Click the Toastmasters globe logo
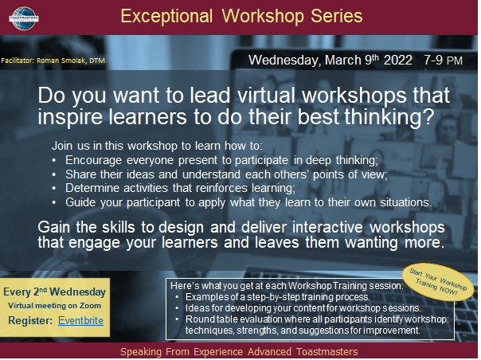[24, 19]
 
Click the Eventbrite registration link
[80, 321]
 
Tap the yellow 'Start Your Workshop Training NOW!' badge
[438, 281]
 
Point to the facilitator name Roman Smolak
[61, 61]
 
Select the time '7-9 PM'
[443, 61]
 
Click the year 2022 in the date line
[398, 61]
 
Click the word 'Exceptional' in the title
[166, 16]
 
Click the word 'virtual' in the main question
[266, 95]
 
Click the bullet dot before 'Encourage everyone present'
[54, 160]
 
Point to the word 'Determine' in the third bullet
[92, 188]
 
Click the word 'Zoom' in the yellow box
[90, 306]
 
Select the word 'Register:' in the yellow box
[30, 321]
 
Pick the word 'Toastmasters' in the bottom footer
[327, 352]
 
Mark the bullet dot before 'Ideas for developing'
[177, 308]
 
